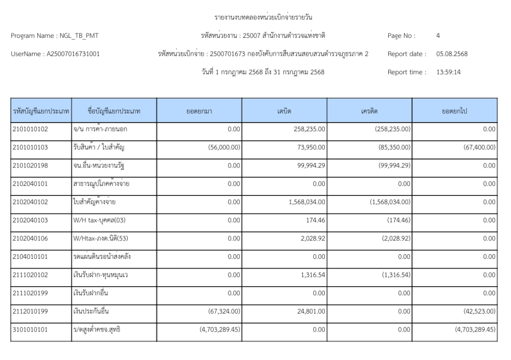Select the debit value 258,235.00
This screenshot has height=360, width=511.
(x=309, y=129)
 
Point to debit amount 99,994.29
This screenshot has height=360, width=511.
(x=311, y=165)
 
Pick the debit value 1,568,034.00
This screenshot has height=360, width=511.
(x=305, y=201)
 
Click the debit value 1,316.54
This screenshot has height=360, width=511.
(x=313, y=275)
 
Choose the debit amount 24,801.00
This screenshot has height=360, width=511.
(x=311, y=311)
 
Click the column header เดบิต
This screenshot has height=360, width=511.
(x=284, y=110)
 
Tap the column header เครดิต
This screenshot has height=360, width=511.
(x=369, y=110)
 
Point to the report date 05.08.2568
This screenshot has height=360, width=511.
(x=452, y=54)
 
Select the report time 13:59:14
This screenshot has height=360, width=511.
(x=448, y=72)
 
